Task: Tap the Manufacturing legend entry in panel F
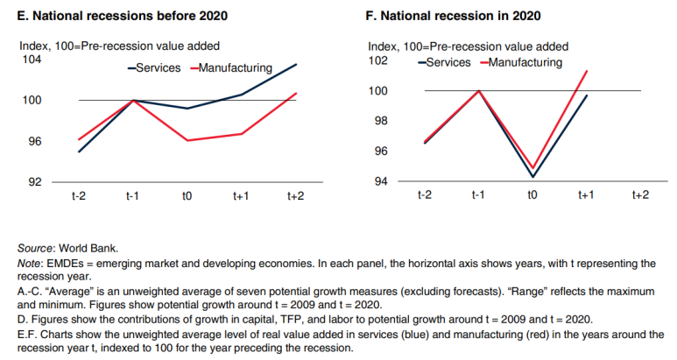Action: click(x=525, y=62)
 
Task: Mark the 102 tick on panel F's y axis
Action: click(x=378, y=60)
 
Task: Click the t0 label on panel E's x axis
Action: click(x=187, y=196)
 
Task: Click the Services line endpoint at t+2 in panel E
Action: click(x=296, y=64)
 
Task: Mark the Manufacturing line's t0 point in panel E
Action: click(x=187, y=140)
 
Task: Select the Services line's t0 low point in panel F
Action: click(x=532, y=177)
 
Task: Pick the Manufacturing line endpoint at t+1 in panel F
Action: click(x=586, y=71)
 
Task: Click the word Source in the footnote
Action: click(x=36, y=248)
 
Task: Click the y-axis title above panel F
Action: click(x=468, y=46)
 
